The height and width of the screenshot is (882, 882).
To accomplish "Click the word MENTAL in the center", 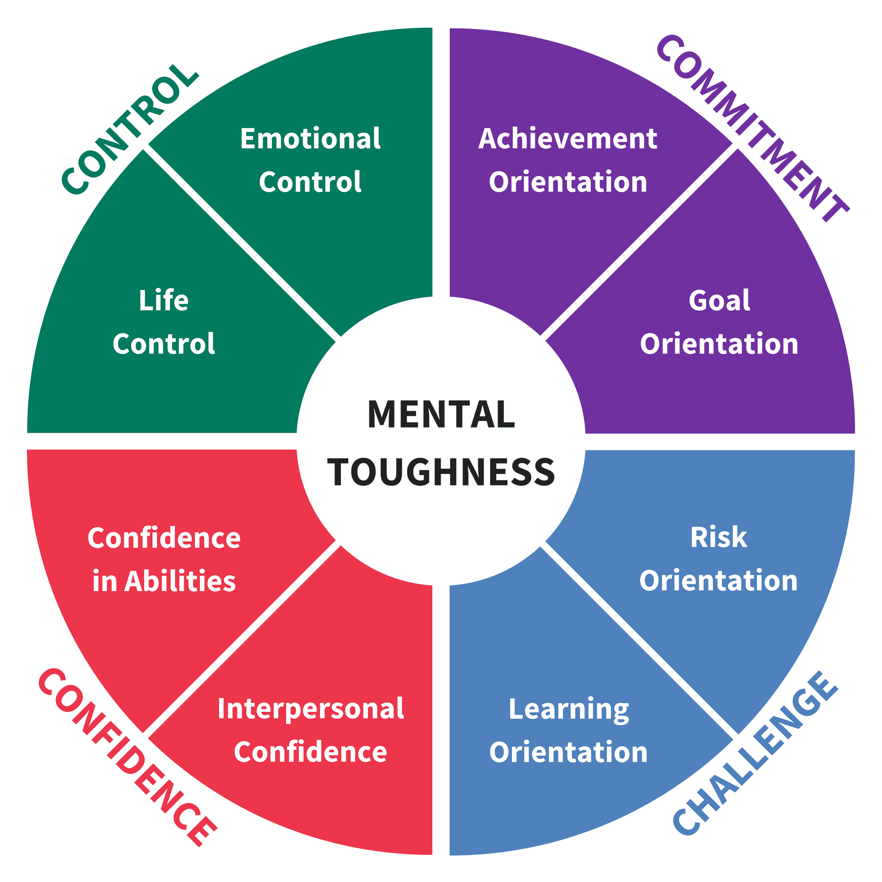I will pyautogui.click(x=441, y=414).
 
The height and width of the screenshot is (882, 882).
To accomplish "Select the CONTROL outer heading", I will pyautogui.click(x=130, y=130).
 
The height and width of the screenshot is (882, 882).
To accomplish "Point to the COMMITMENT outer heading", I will pyautogui.click(x=753, y=129).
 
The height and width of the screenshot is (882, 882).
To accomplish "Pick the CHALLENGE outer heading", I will pyautogui.click(x=756, y=753).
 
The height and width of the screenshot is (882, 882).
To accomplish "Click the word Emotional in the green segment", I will pyautogui.click(x=310, y=139).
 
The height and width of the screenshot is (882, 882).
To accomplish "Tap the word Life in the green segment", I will pyautogui.click(x=164, y=301).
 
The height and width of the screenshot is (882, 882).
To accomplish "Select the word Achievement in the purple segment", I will pyautogui.click(x=568, y=139).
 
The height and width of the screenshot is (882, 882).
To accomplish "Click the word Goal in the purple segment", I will pyautogui.click(x=719, y=301).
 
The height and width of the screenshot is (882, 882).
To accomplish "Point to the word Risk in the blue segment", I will pyautogui.click(x=719, y=537).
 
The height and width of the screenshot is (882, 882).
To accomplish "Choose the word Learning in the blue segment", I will pyautogui.click(x=569, y=710).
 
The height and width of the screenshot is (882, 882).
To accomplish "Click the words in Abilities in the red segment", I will pyautogui.click(x=164, y=581).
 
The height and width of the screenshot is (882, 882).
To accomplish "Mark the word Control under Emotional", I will pyautogui.click(x=310, y=182).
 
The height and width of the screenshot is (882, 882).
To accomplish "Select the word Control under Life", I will pyautogui.click(x=164, y=344).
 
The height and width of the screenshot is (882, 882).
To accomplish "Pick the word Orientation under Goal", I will pyautogui.click(x=719, y=344).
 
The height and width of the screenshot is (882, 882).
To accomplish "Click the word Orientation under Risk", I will pyautogui.click(x=718, y=581).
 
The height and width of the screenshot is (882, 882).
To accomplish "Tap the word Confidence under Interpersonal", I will pyautogui.click(x=311, y=752).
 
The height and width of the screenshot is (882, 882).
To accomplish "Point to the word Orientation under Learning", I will pyautogui.click(x=568, y=752).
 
